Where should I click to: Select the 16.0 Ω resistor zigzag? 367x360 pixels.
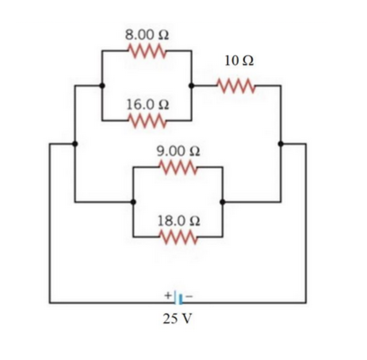(147, 119)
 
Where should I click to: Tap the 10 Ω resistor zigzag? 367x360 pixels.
(236, 85)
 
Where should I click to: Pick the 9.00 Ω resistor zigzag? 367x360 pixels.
(178, 167)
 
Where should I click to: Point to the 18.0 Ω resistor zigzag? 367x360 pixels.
(178, 237)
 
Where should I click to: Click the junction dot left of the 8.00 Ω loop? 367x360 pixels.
(102, 85)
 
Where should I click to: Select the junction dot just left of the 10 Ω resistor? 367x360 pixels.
(191, 85)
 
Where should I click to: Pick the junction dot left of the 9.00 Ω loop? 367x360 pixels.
(133, 202)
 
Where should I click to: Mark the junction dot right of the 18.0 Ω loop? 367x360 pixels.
(223, 202)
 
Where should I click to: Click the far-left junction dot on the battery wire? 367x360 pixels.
(74, 144)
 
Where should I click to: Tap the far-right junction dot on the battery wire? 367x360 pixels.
(280, 144)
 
